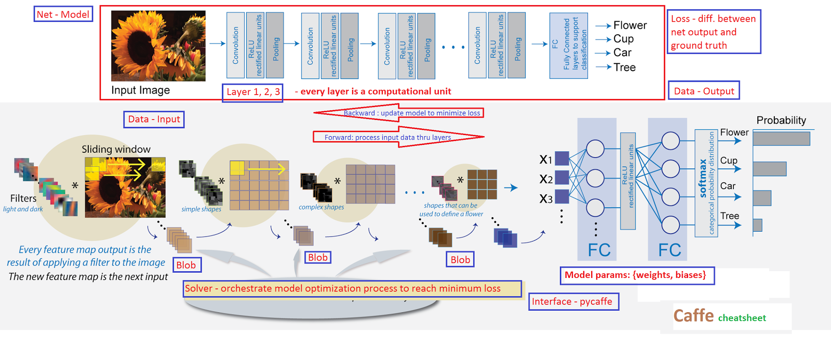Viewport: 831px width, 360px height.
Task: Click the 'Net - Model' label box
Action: pos(63,15)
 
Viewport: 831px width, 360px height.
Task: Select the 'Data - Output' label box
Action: pos(703,91)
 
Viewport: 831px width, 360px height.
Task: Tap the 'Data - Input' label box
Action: pos(154,119)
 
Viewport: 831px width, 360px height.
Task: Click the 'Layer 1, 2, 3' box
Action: pos(253,92)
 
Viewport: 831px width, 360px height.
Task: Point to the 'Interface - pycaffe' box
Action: pos(573,301)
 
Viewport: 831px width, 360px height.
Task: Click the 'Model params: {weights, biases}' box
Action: pos(636,275)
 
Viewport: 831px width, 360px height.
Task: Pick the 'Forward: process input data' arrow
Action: pos(398,137)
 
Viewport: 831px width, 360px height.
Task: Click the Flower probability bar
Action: pos(781,139)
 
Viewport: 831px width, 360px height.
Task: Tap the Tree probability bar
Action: pos(758,225)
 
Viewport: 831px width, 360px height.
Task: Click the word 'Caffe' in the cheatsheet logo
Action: pos(693,316)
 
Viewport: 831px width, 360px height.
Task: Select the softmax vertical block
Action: pos(706,183)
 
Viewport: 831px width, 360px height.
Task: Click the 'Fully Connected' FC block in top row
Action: pos(569,46)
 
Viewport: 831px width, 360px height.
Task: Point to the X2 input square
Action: pos(562,178)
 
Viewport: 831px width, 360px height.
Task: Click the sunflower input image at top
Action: pos(158,46)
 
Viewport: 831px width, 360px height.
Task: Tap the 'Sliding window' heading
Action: pos(116,150)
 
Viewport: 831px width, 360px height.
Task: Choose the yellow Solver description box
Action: pos(352,289)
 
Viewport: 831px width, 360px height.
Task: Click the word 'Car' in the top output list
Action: pos(622,53)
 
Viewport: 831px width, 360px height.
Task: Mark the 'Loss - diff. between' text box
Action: pos(714,32)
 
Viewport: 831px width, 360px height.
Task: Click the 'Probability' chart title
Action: pos(781,121)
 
